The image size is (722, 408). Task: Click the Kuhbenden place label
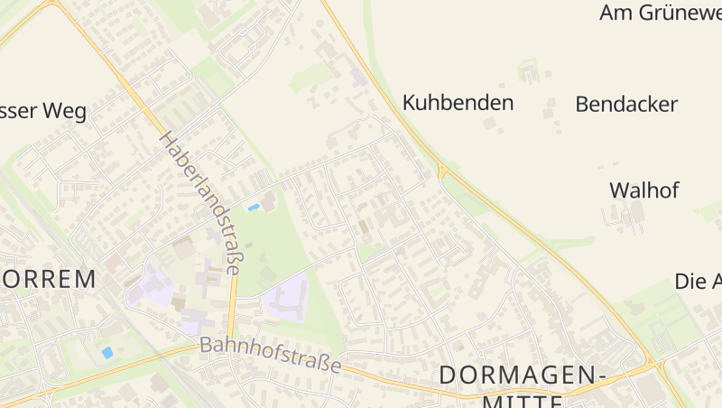point(458,103)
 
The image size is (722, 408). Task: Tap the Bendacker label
point(626,104)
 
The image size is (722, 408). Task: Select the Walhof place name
point(643,190)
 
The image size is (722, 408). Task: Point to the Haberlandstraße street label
point(203,202)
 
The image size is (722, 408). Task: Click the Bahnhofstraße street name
point(271,355)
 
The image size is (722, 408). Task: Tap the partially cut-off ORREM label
point(47,279)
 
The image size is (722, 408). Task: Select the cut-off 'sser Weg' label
point(43,112)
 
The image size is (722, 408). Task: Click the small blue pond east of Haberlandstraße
point(254,208)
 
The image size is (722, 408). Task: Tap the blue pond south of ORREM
point(107,352)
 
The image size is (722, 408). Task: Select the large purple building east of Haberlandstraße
point(286,299)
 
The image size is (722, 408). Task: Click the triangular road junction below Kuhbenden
point(442,170)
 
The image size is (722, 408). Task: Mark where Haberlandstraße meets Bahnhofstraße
point(229,342)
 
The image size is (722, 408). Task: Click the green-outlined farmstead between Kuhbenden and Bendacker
point(528,71)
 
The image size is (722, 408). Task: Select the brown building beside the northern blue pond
point(269,200)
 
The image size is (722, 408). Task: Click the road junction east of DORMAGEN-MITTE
point(657,366)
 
